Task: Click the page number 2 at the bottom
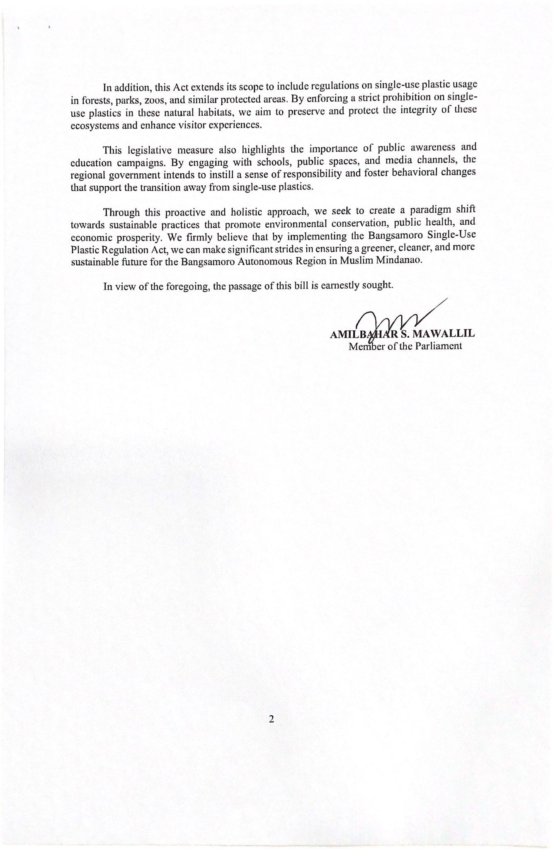(272, 719)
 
